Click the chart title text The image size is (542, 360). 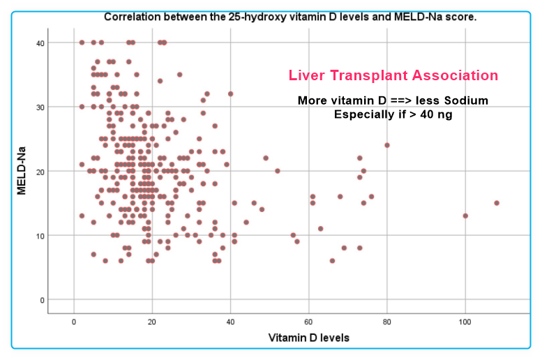[289, 17]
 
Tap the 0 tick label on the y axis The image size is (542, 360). [40, 300]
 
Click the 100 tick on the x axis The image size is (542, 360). [465, 322]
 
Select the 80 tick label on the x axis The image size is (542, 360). [386, 322]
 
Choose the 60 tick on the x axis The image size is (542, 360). [308, 322]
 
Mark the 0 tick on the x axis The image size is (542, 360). [74, 322]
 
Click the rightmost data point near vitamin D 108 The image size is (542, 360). [497, 203]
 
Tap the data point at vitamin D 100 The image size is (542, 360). [465, 216]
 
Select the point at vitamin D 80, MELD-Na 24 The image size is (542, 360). [387, 145]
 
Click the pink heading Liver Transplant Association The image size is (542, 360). [393, 75]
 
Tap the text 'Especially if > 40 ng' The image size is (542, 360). [393, 114]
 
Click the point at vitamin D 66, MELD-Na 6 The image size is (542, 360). [332, 261]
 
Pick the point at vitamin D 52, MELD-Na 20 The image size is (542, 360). [278, 171]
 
